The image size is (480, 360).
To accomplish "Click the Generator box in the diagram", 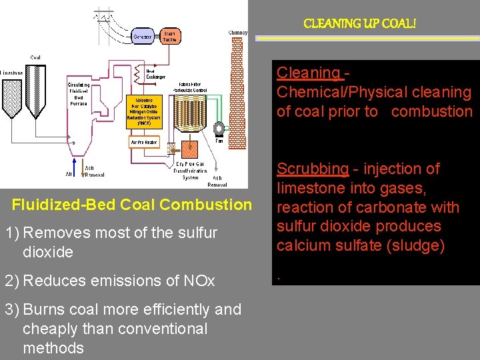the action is (x=142, y=36).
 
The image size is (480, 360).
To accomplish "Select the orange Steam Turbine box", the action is (x=169, y=36).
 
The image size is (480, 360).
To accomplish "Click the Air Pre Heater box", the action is (x=145, y=142).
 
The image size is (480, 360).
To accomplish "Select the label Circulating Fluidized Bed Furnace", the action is (x=79, y=94).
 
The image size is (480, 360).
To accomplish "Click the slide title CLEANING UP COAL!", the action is (x=359, y=24).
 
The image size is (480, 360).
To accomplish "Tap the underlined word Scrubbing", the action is (x=312, y=169).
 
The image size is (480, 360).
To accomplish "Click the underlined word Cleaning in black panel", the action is (x=308, y=73).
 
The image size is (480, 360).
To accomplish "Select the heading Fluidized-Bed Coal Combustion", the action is (x=132, y=205).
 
